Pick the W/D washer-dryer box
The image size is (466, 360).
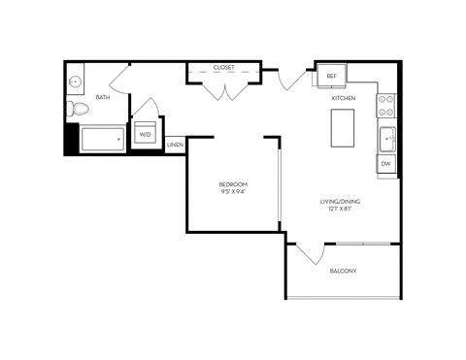coord(146,134)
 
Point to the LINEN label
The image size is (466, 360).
coord(175,146)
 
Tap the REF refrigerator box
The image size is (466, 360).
coord(331,76)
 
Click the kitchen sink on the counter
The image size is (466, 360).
coord(387,140)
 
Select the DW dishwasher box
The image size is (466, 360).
coord(385,164)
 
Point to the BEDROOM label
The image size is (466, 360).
coord(233,184)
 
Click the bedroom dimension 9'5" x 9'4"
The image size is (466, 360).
coord(233,192)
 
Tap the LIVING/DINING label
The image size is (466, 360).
coord(340,202)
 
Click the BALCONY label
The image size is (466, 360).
coord(342,271)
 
